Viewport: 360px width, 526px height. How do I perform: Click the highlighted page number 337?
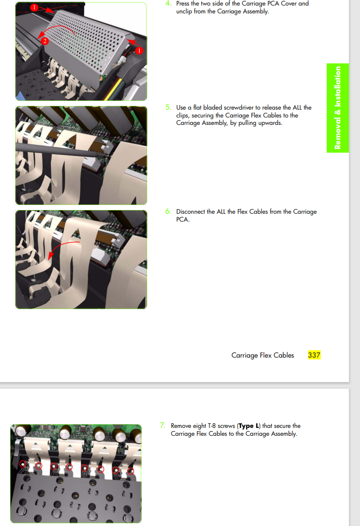[x=314, y=355]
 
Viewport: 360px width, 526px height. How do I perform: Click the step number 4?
[x=168, y=3]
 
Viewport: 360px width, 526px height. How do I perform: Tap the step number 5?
[x=168, y=107]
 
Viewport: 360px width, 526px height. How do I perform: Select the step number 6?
[x=168, y=211]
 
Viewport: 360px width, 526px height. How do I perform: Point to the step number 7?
[x=163, y=425]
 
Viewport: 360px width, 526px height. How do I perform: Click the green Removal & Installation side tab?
[x=337, y=108]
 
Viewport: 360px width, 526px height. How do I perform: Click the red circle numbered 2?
[x=44, y=41]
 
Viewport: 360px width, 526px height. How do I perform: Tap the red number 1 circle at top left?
[x=34, y=7]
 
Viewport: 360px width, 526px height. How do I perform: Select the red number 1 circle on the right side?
[x=139, y=50]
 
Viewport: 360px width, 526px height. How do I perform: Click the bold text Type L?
[x=248, y=426]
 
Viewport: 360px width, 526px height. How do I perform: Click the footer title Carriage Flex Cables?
[x=263, y=355]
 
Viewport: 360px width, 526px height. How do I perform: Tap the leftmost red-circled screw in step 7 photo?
[x=23, y=464]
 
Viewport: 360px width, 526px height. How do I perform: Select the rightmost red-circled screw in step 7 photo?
[x=130, y=471]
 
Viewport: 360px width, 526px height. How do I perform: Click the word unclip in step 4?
[x=184, y=12]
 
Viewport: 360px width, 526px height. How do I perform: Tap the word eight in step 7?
[x=199, y=426]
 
